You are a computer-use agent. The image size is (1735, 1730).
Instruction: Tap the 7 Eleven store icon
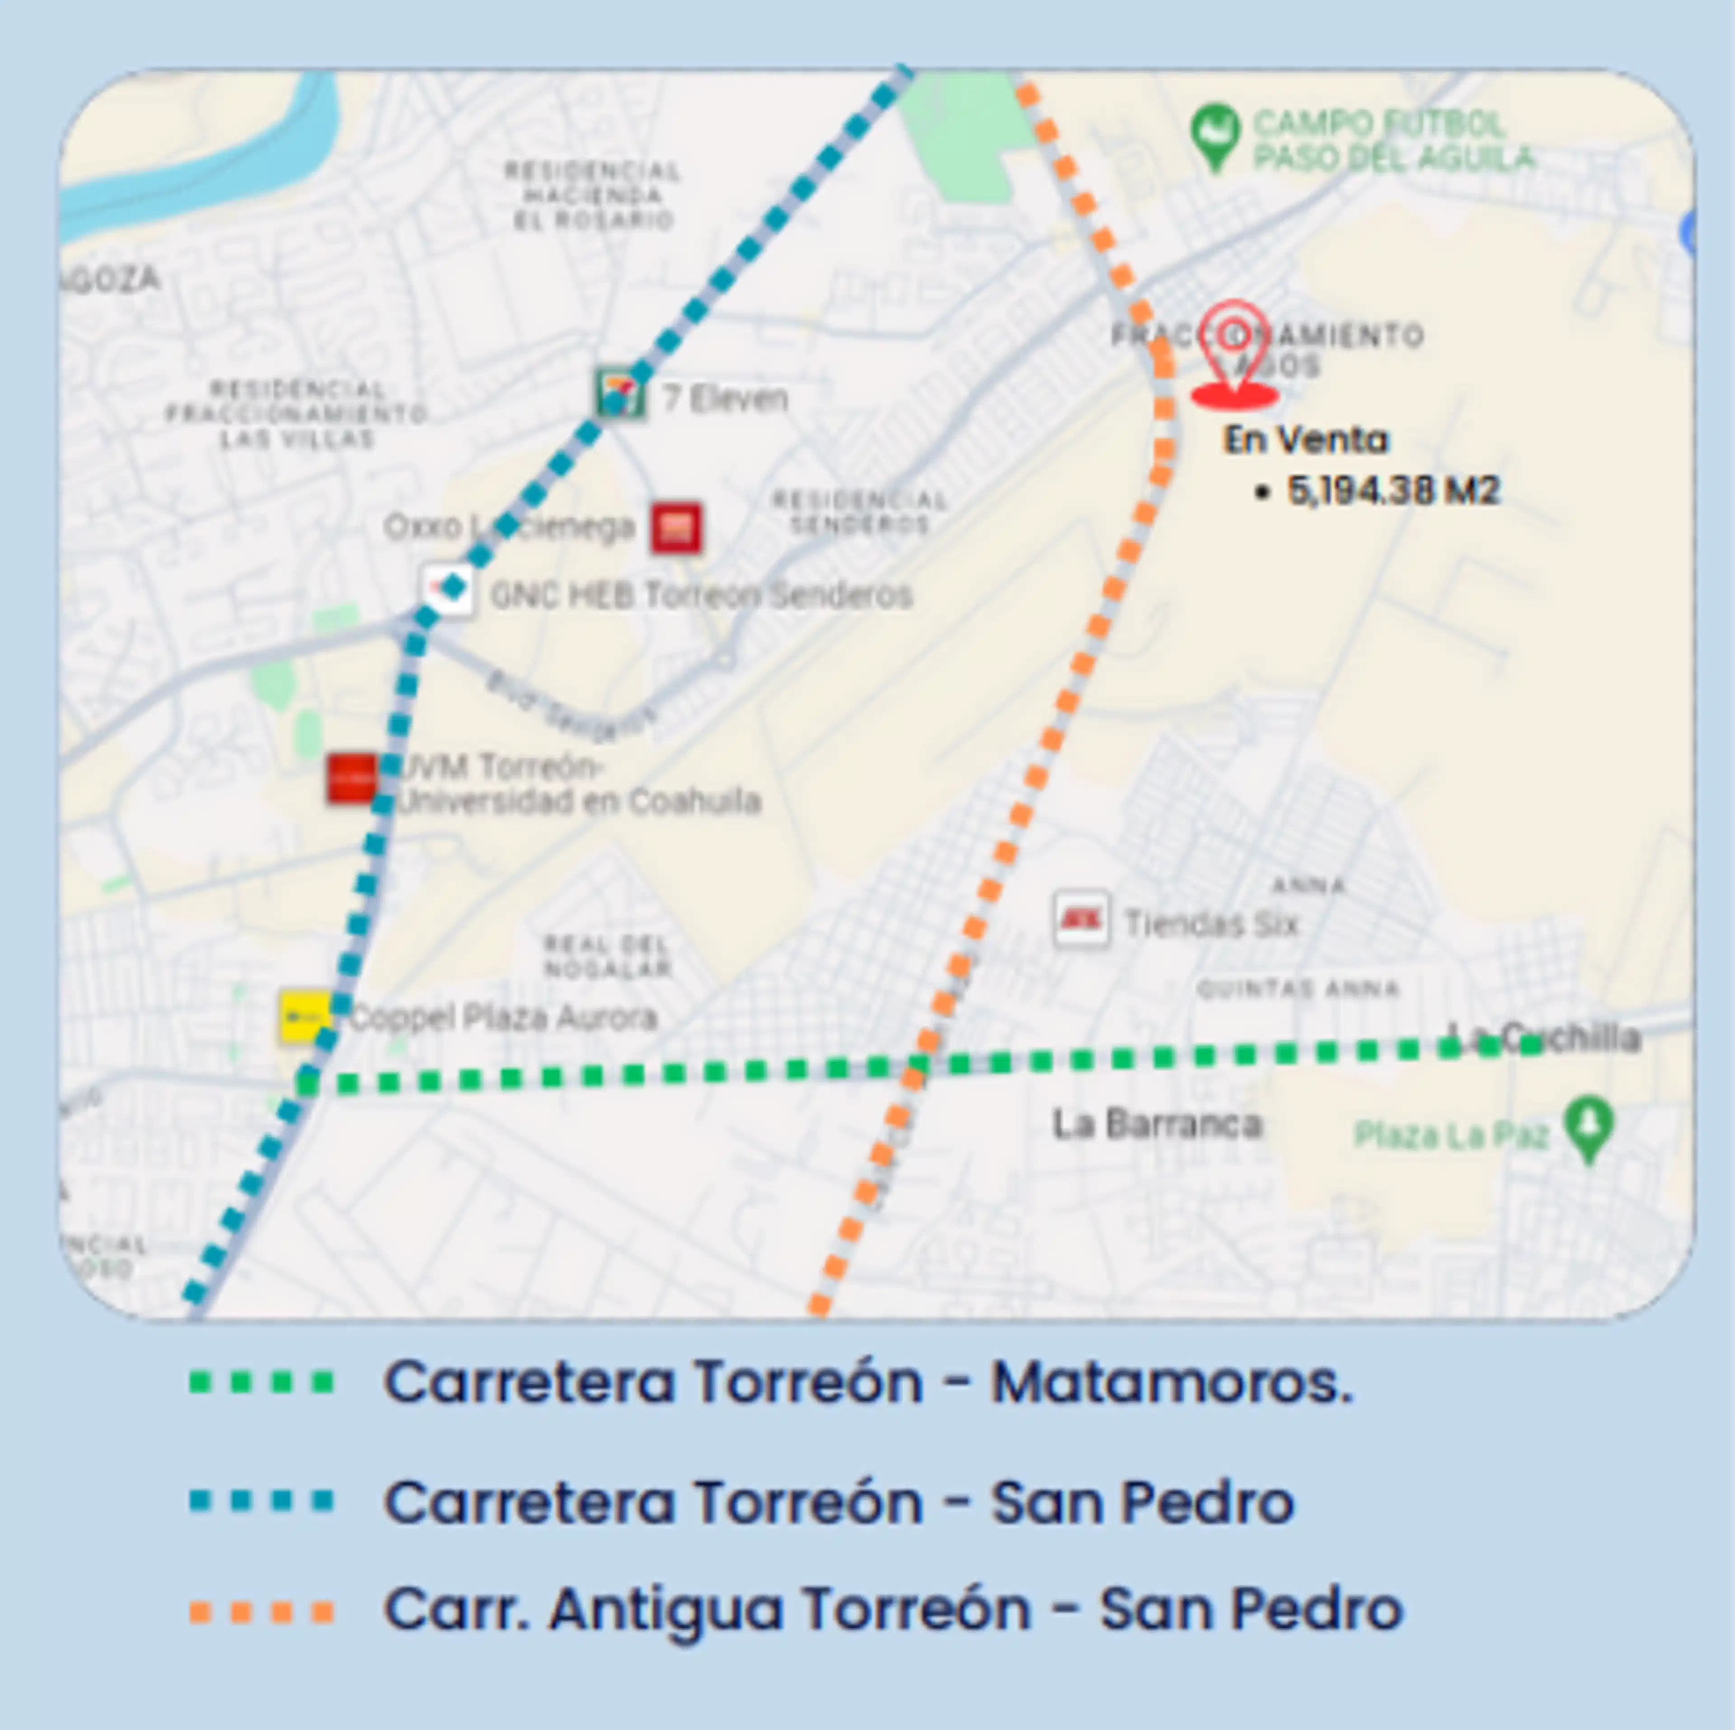click(x=619, y=393)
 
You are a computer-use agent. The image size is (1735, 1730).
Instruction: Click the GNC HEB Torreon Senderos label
click(x=700, y=594)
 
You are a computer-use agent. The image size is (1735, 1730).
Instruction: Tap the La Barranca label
click(x=1157, y=1124)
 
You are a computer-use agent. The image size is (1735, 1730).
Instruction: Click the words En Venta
click(x=1305, y=440)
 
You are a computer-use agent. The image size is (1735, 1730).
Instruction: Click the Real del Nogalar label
click(x=607, y=956)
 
